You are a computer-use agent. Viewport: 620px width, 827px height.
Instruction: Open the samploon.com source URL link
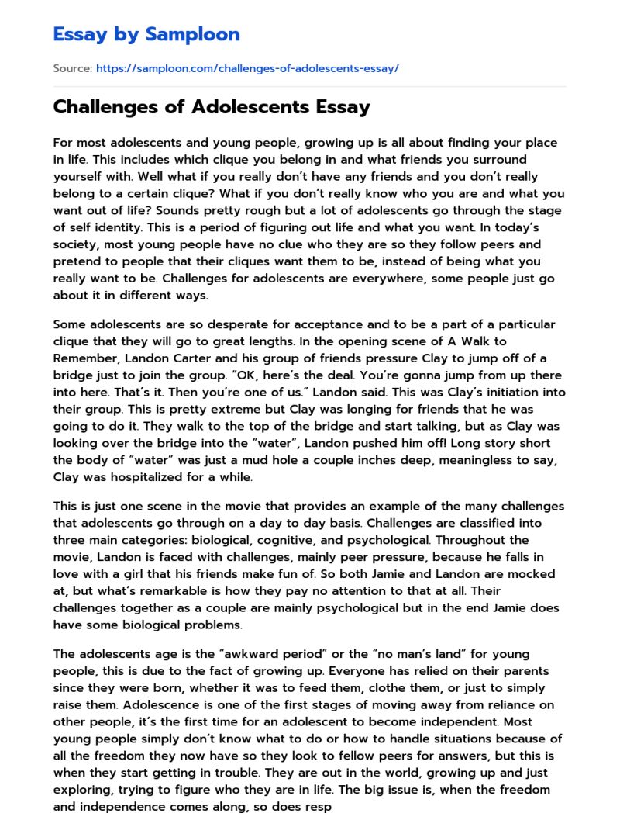pos(247,68)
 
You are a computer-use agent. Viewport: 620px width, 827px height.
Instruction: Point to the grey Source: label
pos(72,68)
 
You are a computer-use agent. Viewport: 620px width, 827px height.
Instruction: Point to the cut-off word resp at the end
pos(318,807)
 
